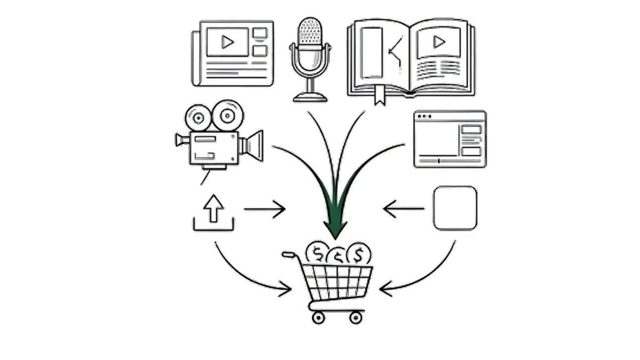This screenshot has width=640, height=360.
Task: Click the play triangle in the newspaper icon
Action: tap(228, 42)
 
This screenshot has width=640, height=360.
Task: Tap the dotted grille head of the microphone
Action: tap(310, 32)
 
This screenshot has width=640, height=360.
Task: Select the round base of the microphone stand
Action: tap(310, 97)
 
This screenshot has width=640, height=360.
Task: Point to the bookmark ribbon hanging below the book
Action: tap(379, 96)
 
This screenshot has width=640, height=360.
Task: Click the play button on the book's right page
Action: tap(438, 42)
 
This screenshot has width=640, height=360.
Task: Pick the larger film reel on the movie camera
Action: tap(228, 115)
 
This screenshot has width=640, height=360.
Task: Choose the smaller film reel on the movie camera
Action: tap(198, 117)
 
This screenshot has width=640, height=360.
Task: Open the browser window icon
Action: tap(450, 139)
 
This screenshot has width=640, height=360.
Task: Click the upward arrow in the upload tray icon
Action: tap(213, 209)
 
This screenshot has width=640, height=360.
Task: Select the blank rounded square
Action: tap(455, 208)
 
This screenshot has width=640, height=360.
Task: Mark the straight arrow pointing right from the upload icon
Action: tap(265, 209)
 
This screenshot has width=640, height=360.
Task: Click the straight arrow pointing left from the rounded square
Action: tap(404, 209)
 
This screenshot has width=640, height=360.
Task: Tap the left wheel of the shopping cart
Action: tap(318, 318)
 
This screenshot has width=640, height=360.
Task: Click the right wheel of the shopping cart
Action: tap(356, 318)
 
